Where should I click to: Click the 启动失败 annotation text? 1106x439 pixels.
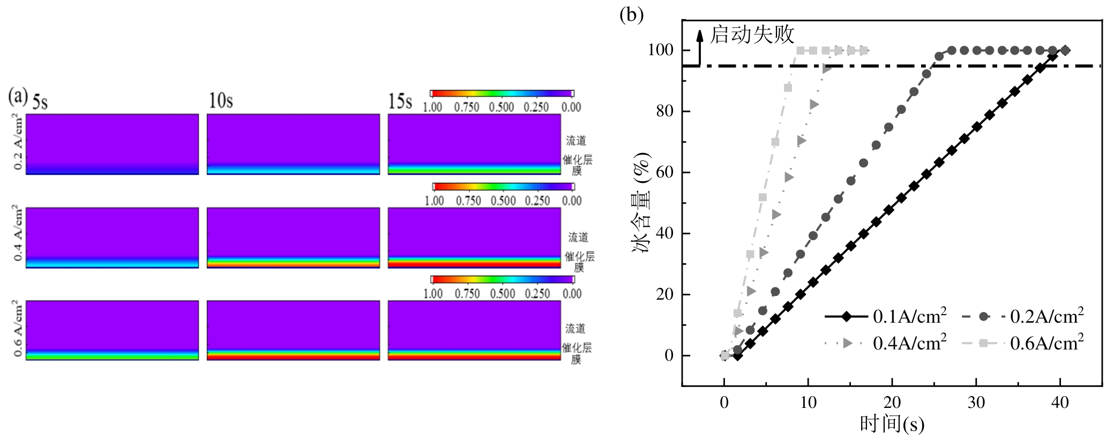tap(752, 35)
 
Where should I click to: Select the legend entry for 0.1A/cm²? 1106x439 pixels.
tap(885, 316)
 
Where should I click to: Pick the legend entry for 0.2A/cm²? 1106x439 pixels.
tap(1021, 316)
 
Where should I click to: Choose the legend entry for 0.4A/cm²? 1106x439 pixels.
tap(885, 343)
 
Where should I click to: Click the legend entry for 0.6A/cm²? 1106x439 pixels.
tap(1021, 343)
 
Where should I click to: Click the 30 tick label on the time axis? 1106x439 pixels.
tap(976, 402)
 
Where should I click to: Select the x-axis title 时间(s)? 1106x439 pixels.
tap(892, 425)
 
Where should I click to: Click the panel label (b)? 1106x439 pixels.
tap(631, 14)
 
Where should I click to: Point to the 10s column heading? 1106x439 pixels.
tap(220, 101)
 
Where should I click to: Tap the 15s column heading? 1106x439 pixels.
tap(400, 101)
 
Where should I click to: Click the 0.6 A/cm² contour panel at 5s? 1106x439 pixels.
tap(112, 330)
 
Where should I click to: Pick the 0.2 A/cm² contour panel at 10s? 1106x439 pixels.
tap(293, 144)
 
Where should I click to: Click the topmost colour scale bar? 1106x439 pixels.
tap(502, 93)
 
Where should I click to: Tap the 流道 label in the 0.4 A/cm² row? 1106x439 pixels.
tap(578, 237)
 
